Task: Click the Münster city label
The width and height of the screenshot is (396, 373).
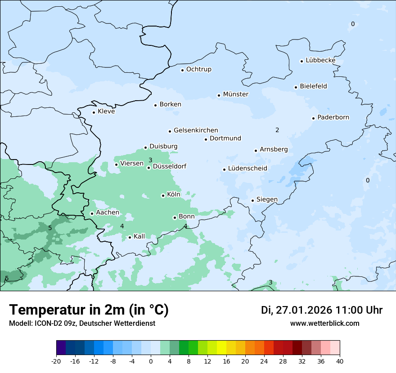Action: [x=235, y=94]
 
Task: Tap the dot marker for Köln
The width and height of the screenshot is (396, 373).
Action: [x=163, y=195]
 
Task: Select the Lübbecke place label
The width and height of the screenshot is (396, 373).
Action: [x=320, y=60]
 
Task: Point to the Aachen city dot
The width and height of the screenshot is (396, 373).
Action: [x=92, y=213]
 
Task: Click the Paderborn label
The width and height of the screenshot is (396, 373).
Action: [x=333, y=117]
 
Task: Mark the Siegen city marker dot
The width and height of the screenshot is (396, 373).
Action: [x=253, y=200]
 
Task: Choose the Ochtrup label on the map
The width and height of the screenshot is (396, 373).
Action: [x=198, y=69]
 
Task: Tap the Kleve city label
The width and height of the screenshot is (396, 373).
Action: [x=106, y=111]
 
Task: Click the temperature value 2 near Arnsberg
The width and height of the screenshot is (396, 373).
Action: [x=277, y=130]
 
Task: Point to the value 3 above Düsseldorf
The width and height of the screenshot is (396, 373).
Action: [x=150, y=160]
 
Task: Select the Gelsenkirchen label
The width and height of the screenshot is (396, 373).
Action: [x=196, y=130]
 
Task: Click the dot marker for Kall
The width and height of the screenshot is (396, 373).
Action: [x=130, y=237]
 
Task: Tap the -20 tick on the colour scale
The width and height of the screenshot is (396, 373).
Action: [x=56, y=361]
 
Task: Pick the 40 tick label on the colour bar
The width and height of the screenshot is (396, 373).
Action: [x=340, y=361]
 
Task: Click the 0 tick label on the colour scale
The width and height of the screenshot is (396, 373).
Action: [x=151, y=361]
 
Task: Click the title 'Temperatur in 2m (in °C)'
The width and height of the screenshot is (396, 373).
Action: [x=89, y=310]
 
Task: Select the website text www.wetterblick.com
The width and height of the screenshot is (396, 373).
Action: [x=324, y=323]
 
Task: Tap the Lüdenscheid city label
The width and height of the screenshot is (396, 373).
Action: [x=247, y=169]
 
